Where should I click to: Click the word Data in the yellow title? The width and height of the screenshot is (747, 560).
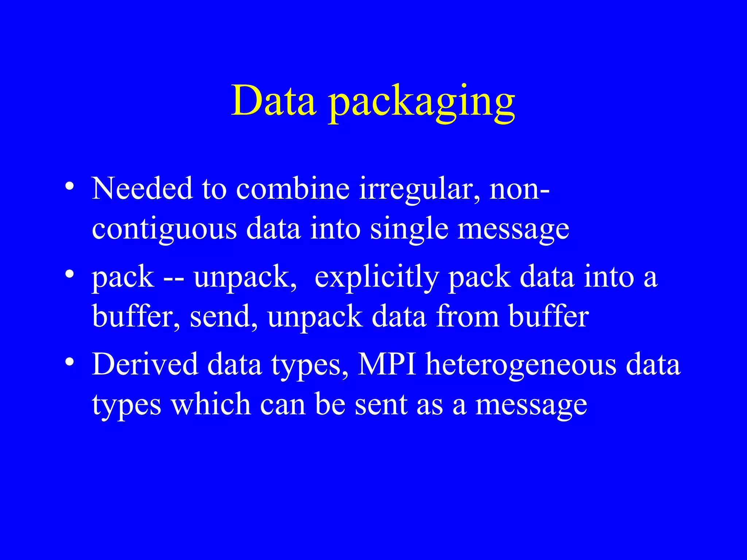[x=274, y=100]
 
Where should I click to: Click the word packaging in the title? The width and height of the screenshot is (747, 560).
[x=422, y=104]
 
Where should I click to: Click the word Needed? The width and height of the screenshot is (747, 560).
[x=142, y=188]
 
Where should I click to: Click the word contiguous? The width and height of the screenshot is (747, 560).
[x=164, y=229]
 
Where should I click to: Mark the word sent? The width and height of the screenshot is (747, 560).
[x=381, y=405]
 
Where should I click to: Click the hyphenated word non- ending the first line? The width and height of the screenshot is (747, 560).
[x=519, y=189]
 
